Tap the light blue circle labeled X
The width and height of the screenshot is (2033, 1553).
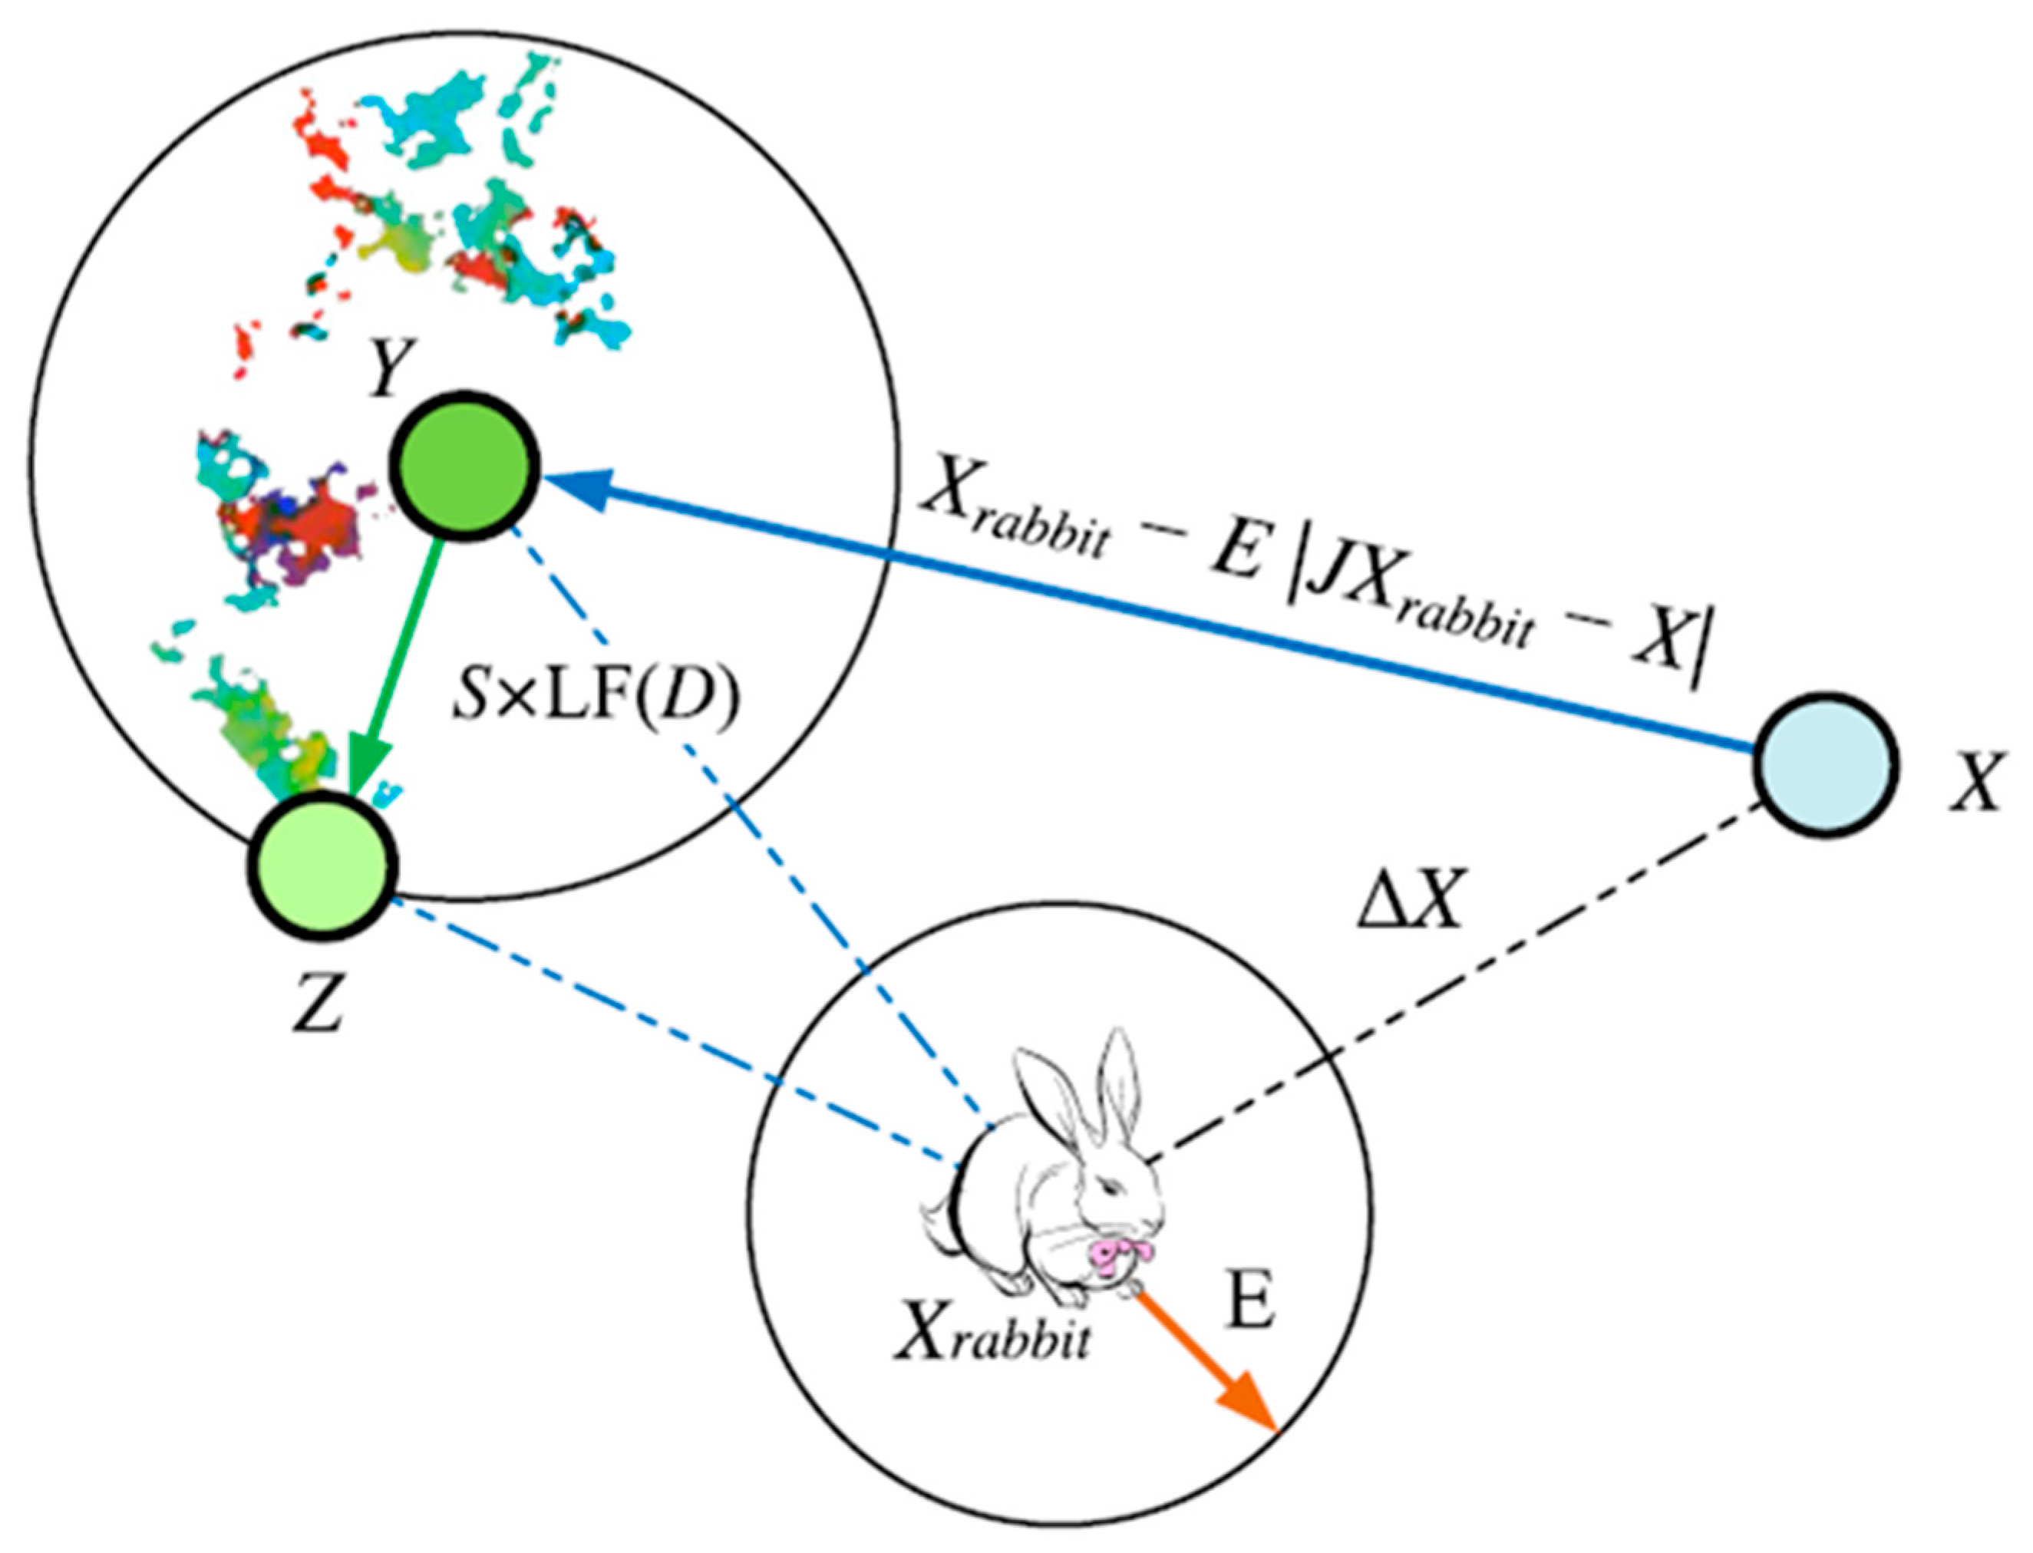(x=1826, y=764)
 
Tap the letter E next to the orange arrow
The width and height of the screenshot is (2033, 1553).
(x=1251, y=1304)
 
